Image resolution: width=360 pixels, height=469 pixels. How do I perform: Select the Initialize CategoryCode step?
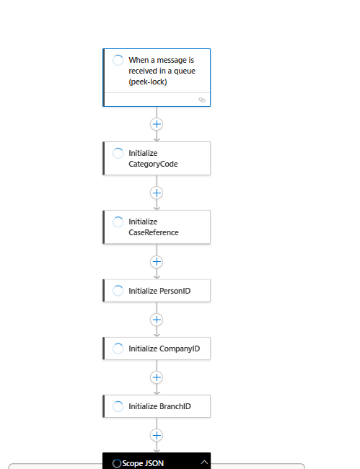click(157, 158)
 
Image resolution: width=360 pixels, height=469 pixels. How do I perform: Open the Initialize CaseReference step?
click(157, 227)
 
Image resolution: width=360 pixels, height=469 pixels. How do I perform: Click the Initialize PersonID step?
click(157, 291)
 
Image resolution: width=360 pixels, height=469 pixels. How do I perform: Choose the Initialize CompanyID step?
click(157, 349)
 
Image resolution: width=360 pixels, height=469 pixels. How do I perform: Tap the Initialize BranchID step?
click(157, 406)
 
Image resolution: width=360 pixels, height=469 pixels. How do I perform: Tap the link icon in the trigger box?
click(202, 100)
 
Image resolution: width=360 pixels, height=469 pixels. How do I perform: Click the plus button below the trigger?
click(157, 124)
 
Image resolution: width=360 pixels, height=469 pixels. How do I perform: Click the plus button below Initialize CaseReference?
click(157, 261)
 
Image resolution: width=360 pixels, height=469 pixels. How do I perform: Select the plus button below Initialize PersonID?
click(157, 319)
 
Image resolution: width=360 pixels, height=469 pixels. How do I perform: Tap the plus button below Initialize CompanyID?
click(157, 377)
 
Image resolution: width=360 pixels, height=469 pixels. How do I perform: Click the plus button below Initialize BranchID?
click(157, 434)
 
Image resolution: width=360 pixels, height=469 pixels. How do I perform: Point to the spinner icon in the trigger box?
click(118, 60)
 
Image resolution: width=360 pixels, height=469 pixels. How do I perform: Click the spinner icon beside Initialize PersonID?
click(118, 291)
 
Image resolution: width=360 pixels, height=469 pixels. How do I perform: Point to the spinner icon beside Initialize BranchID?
click(118, 406)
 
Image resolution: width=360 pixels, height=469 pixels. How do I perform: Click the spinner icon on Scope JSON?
click(117, 463)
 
